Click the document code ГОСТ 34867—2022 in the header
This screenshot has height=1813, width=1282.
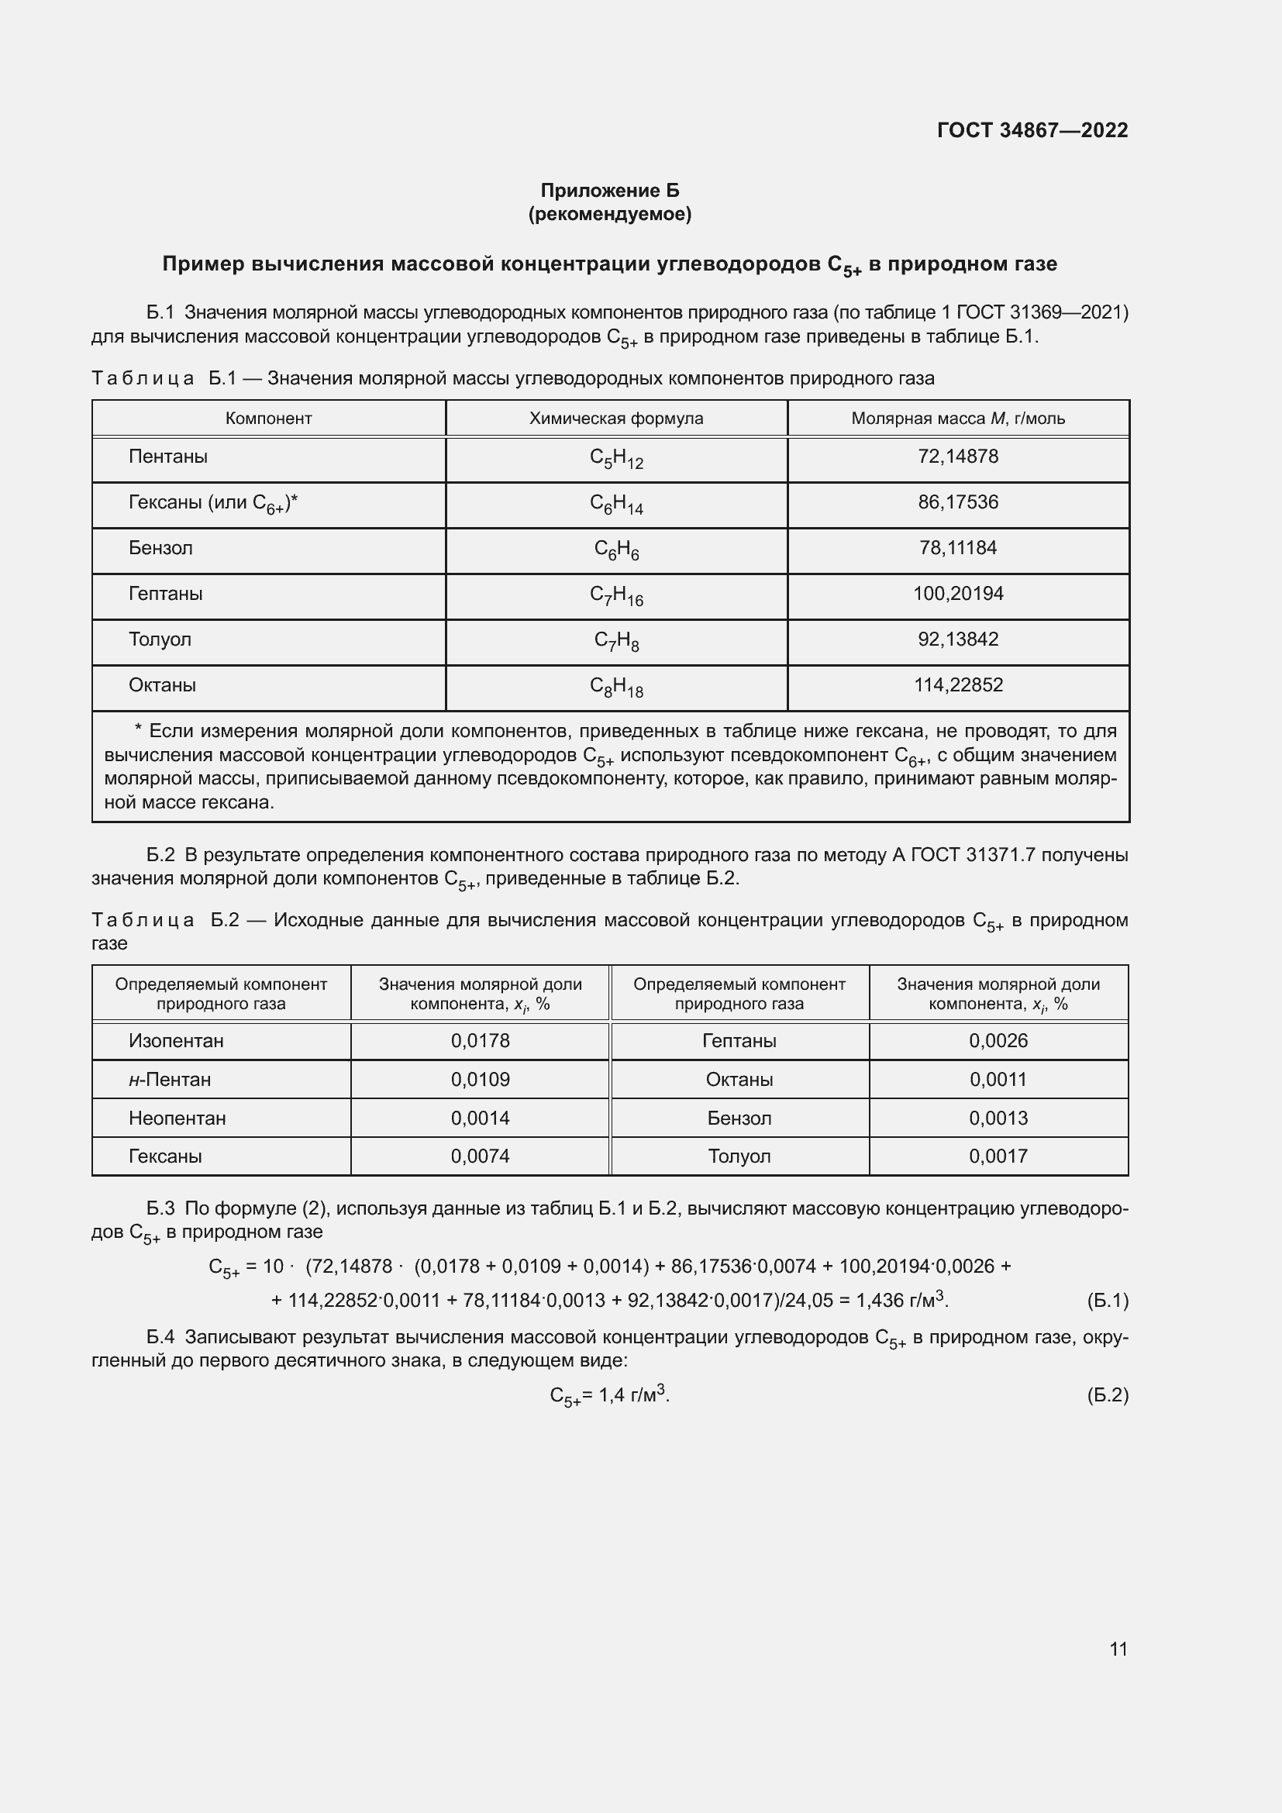(x=1032, y=130)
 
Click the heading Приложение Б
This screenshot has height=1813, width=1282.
(x=609, y=191)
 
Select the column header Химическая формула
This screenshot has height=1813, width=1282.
(x=615, y=419)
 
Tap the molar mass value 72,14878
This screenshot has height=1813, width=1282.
(x=957, y=457)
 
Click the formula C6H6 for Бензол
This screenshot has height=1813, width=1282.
(x=615, y=550)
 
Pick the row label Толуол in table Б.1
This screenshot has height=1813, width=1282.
(x=160, y=639)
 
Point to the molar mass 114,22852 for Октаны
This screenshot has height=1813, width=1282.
(x=957, y=685)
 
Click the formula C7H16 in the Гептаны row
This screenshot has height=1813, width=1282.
(x=615, y=595)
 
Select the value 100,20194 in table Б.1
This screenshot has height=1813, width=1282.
(x=957, y=594)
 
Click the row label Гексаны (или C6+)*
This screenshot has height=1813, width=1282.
(x=213, y=503)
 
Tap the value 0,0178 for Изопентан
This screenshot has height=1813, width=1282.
(x=480, y=1041)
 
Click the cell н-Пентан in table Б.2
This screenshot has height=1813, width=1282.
(x=170, y=1080)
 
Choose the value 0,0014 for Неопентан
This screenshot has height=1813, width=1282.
(x=480, y=1118)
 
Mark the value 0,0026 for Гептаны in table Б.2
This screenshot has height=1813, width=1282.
(x=998, y=1041)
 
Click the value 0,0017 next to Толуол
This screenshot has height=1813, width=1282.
(x=998, y=1156)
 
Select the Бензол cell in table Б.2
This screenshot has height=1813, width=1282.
(x=739, y=1118)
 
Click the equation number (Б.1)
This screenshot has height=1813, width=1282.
(x=1108, y=1301)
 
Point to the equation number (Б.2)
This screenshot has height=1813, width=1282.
(x=1108, y=1395)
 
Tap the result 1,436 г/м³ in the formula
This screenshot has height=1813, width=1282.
(x=901, y=1300)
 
